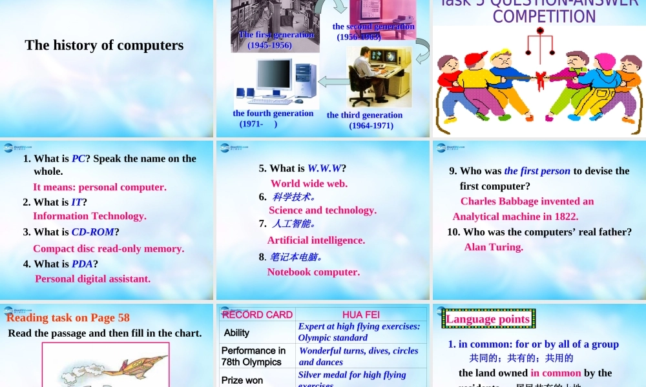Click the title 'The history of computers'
tap(104, 45)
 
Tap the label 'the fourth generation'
tap(273, 114)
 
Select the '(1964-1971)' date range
tap(371, 126)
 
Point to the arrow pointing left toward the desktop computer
tap(333, 81)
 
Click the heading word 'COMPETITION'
tap(544, 17)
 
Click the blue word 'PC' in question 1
tap(78, 159)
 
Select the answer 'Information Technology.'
tap(90, 216)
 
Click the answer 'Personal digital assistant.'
tap(93, 279)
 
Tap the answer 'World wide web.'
tap(309, 183)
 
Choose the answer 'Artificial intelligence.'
tap(316, 240)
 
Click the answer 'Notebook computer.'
tap(313, 272)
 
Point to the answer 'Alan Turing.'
tap(494, 246)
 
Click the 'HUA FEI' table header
tap(360, 315)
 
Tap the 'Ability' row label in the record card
tap(236, 333)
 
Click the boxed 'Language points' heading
tap(488, 319)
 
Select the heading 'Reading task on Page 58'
tap(68, 317)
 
